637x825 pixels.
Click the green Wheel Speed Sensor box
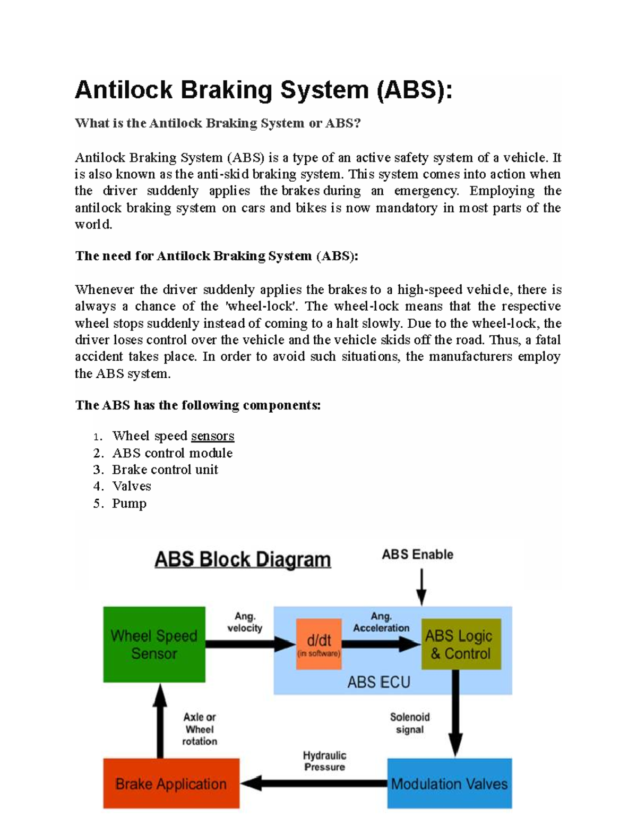(154, 644)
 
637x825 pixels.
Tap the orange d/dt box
(318, 644)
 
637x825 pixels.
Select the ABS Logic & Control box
(461, 644)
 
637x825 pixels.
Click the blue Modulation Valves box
(449, 784)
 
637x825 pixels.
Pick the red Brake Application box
(171, 784)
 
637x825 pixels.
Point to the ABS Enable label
(417, 555)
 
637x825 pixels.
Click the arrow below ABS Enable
(421, 587)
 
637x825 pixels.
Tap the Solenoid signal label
(410, 723)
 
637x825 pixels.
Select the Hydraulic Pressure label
(324, 761)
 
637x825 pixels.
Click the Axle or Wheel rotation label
(200, 729)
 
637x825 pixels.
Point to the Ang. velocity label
(245, 622)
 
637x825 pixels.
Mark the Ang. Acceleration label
(381, 622)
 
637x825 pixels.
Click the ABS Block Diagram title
(243, 560)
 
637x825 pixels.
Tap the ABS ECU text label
(378, 682)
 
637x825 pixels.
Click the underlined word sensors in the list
(212, 436)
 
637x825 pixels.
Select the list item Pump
(129, 503)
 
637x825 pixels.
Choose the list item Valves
(132, 486)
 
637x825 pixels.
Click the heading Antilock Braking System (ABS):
(264, 89)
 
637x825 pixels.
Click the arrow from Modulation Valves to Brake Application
(313, 783)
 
